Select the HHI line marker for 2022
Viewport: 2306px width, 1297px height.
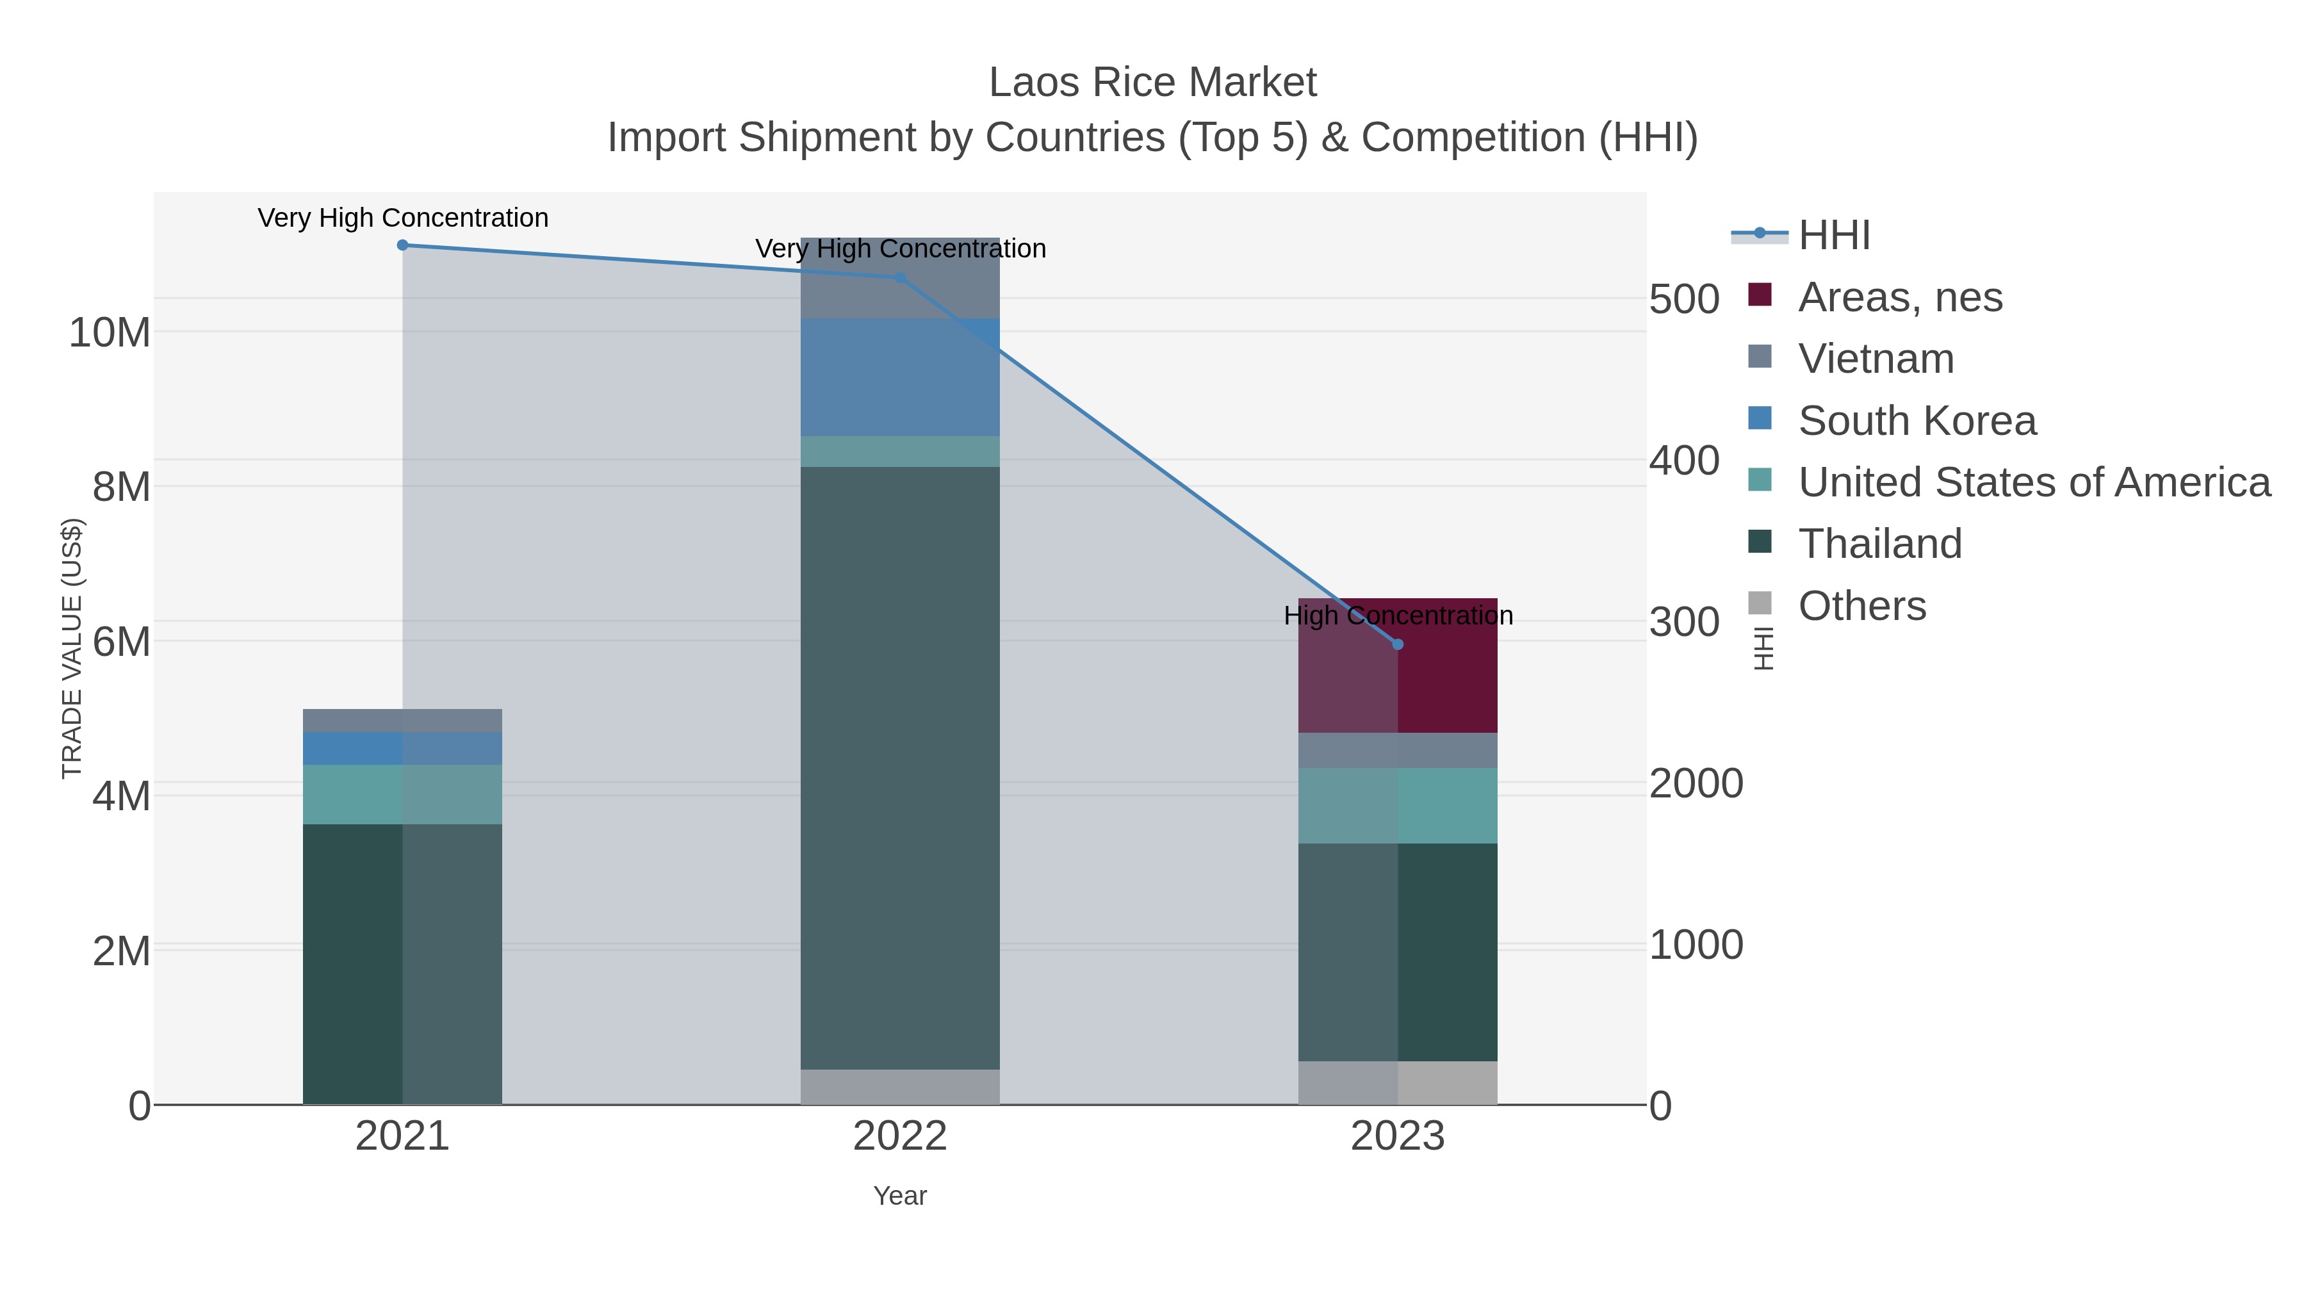tap(900, 277)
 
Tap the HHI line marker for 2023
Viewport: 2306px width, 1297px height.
tap(1398, 644)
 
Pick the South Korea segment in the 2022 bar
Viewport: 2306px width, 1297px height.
tap(900, 377)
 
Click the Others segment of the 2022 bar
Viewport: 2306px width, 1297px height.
tap(900, 1087)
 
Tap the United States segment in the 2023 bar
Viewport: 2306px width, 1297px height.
tap(1398, 806)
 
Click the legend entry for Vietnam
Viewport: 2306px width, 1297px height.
tap(1876, 359)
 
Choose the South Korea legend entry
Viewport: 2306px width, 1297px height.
tap(1917, 421)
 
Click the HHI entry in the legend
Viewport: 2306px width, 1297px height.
tap(1833, 236)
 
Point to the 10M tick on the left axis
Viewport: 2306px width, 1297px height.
tap(109, 333)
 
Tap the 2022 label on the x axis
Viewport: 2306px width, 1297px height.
tap(900, 1137)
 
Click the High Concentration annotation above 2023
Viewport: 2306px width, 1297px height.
tap(1398, 616)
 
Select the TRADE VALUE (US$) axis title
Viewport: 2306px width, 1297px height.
tap(72, 648)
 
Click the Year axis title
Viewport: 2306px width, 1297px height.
tap(900, 1196)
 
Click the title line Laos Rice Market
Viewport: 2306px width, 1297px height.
tap(1152, 83)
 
